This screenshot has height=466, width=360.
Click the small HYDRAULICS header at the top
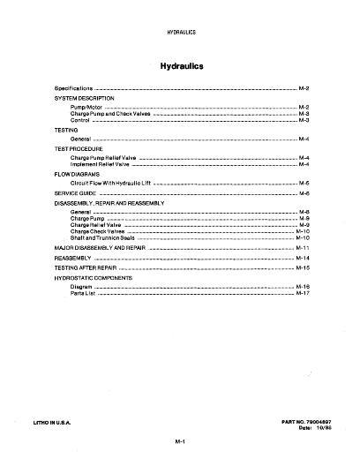(x=180, y=32)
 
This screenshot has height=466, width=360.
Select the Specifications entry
(x=72, y=89)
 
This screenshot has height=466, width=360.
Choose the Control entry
(x=80, y=119)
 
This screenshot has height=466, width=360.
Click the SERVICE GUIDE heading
(x=74, y=192)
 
